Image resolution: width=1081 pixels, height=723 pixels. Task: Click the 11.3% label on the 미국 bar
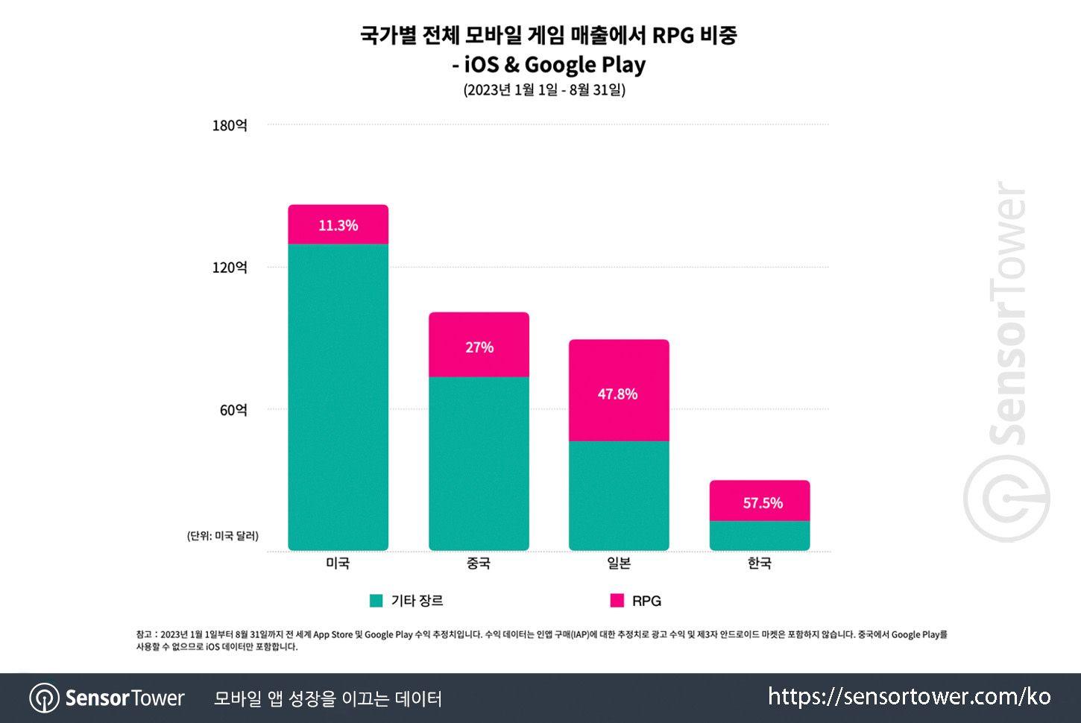tap(338, 225)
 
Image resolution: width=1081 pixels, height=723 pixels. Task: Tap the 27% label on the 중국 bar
tap(479, 347)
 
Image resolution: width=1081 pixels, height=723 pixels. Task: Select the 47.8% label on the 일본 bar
tap(617, 394)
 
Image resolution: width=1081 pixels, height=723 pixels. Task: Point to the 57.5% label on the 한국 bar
tap(762, 503)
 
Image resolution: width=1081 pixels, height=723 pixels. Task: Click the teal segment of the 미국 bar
tap(338, 397)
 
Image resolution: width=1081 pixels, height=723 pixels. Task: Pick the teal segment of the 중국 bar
tap(479, 463)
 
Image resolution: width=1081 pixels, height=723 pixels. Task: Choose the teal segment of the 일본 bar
tap(619, 496)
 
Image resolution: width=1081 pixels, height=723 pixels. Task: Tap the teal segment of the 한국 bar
tap(759, 535)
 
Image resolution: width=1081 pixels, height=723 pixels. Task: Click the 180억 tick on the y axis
tap(230, 125)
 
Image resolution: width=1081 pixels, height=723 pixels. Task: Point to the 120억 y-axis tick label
tap(230, 267)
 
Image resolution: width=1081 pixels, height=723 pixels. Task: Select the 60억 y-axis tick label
tap(233, 410)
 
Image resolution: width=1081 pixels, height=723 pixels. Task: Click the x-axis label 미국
tap(338, 563)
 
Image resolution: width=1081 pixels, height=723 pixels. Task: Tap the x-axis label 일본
tap(619, 563)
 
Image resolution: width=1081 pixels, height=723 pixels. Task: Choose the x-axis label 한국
tap(759, 563)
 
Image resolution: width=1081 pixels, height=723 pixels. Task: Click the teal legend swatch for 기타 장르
tap(376, 601)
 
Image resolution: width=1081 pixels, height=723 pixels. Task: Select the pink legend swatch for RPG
tap(617, 601)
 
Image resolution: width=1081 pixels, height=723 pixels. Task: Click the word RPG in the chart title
tap(672, 35)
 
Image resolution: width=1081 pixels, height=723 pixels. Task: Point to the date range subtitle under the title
tap(544, 90)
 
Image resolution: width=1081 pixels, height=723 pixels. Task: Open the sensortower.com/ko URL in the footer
tap(909, 697)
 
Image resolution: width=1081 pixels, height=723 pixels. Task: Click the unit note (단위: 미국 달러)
tap(223, 536)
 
